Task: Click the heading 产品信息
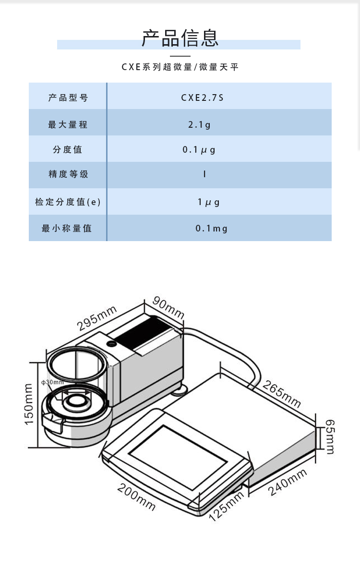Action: (180, 38)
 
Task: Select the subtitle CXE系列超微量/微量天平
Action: (180, 67)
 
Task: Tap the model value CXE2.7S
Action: (202, 98)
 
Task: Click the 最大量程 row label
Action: (68, 124)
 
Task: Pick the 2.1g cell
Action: (199, 124)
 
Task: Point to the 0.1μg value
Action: (199, 150)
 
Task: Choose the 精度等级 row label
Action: (68, 174)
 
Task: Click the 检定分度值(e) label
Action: (68, 202)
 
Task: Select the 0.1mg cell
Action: (211, 229)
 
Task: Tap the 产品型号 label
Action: (68, 98)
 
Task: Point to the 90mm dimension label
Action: (168, 307)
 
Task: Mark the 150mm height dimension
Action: (29, 404)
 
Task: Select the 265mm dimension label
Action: (282, 394)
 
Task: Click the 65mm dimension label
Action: (330, 437)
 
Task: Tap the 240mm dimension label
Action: (288, 482)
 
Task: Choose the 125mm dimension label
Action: (227, 507)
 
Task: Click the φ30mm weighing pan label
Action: (53, 382)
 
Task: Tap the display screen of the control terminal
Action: (178, 453)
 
